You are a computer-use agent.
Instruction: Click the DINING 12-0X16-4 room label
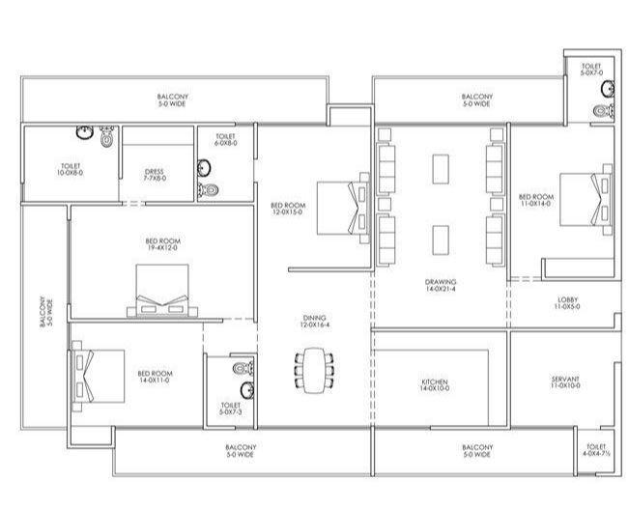(313, 321)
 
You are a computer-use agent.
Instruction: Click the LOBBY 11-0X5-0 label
(567, 303)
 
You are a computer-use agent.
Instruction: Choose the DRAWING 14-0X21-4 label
(440, 286)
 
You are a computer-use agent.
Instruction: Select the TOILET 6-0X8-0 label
(226, 140)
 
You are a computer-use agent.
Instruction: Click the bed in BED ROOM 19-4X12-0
(160, 295)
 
